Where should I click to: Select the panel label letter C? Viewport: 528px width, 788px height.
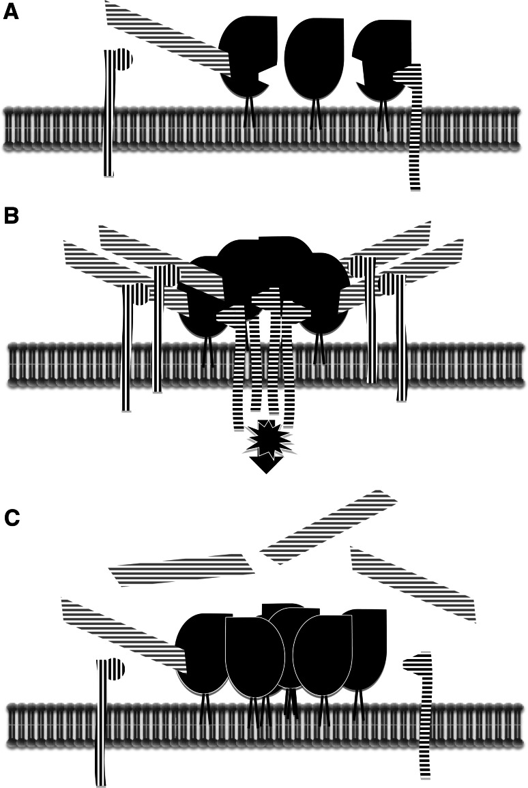(x=12, y=517)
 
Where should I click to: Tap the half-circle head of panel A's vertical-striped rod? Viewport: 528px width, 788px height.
(x=123, y=59)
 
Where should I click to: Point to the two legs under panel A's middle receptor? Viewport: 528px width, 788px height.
(x=314, y=113)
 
